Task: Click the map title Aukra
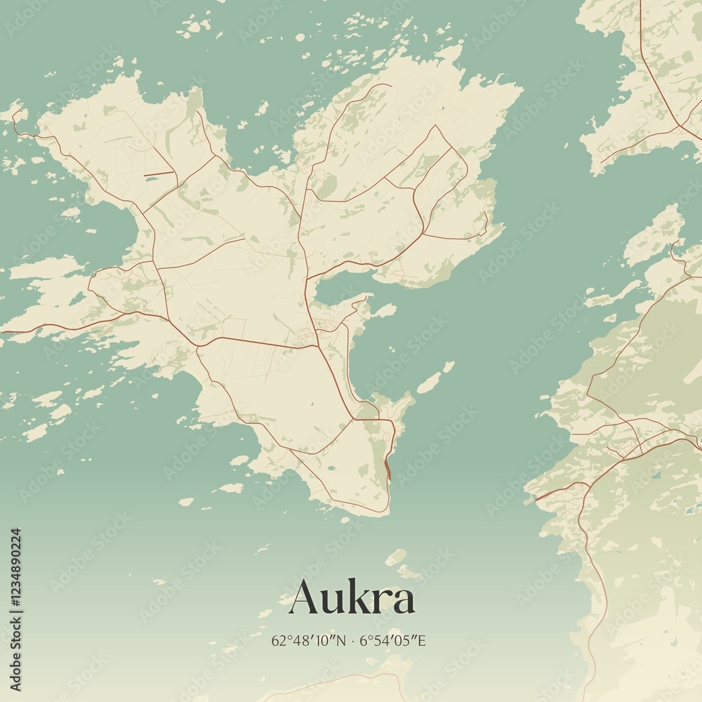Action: pos(352,597)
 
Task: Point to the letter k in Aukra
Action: pos(357,596)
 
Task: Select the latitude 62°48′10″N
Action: pos(308,640)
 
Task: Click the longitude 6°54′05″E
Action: pos(393,640)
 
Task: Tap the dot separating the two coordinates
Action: pos(352,640)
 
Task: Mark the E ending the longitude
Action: pos(423,640)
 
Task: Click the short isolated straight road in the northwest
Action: pos(159,173)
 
